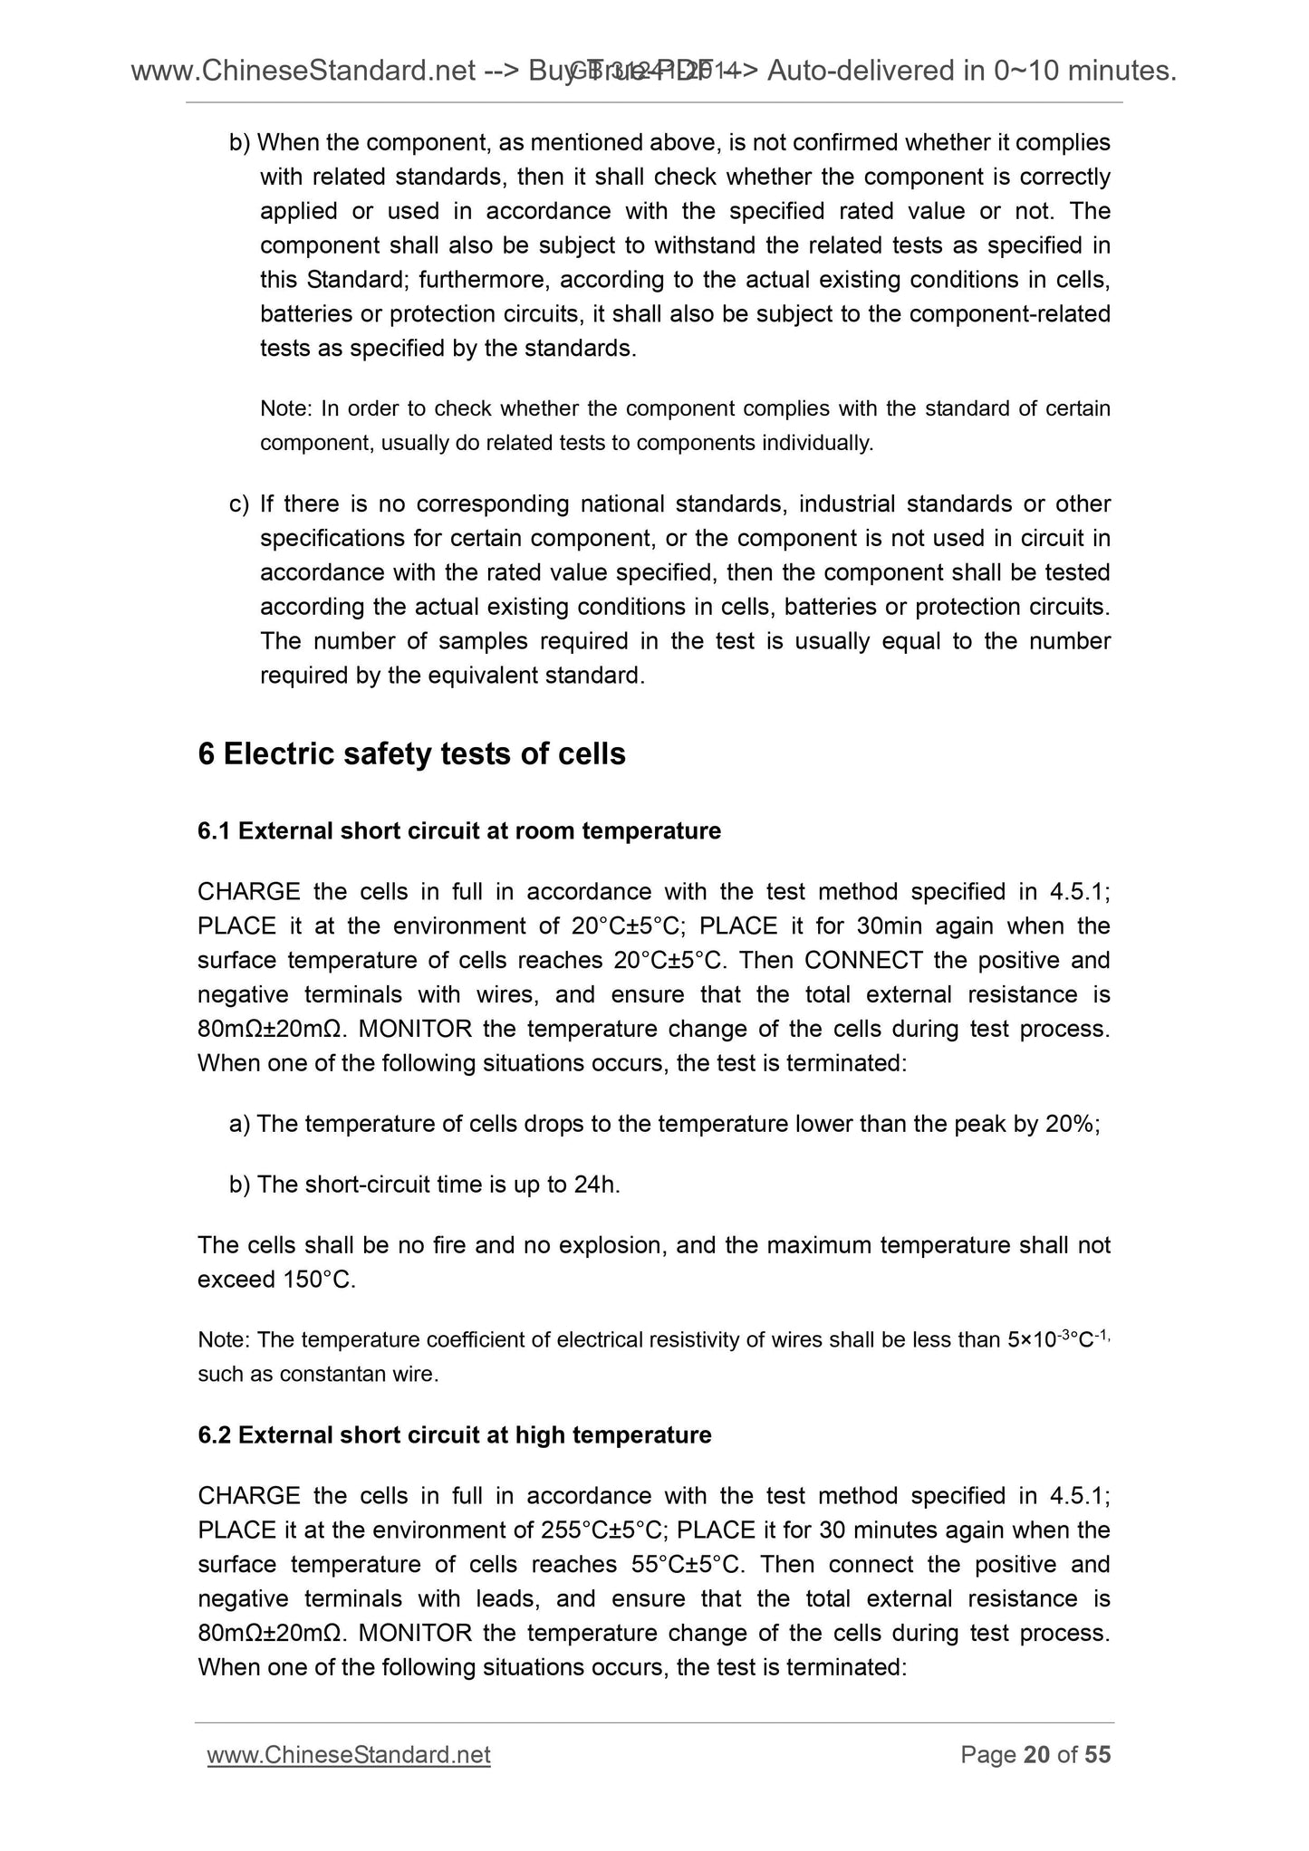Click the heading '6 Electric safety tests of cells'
tap(411, 754)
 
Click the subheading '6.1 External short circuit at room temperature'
tap(459, 831)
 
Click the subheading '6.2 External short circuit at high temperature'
tap(455, 1435)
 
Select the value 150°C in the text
tap(322, 1280)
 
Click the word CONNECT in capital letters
tap(863, 961)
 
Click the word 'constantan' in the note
tap(320, 1374)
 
